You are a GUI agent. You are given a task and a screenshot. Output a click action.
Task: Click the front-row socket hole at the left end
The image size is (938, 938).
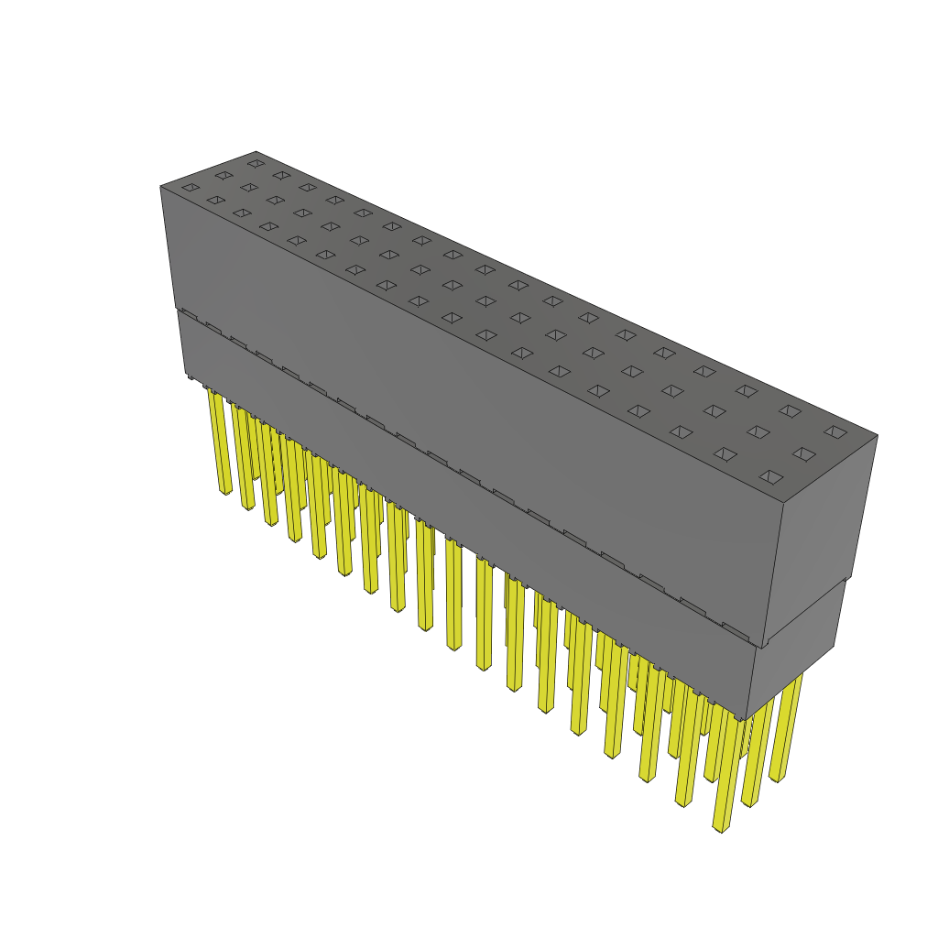pyautogui.click(x=190, y=188)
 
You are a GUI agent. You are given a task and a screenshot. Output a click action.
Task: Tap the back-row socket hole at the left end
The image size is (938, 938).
pyautogui.click(x=256, y=164)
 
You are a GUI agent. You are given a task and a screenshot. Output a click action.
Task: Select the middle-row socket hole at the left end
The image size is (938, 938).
pyautogui.click(x=224, y=175)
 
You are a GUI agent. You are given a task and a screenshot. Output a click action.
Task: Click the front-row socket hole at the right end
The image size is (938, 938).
pyautogui.click(x=771, y=476)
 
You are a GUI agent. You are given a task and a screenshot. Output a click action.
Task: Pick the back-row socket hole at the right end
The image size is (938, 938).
pyautogui.click(x=834, y=431)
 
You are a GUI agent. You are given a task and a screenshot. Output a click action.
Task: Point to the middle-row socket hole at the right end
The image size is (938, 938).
pyautogui.click(x=804, y=453)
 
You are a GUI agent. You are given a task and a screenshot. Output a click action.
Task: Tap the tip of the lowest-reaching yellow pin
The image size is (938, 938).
pyautogui.click(x=722, y=828)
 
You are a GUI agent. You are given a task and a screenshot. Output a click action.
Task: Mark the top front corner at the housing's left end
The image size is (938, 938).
pyautogui.click(x=160, y=186)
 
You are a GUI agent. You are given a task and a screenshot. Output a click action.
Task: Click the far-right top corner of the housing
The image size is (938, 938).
pyautogui.click(x=878, y=435)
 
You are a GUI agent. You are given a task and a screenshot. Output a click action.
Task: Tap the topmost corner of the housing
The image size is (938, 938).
pyautogui.click(x=256, y=151)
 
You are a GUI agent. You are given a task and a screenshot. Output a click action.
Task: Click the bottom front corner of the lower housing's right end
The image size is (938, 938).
pyautogui.click(x=747, y=720)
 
